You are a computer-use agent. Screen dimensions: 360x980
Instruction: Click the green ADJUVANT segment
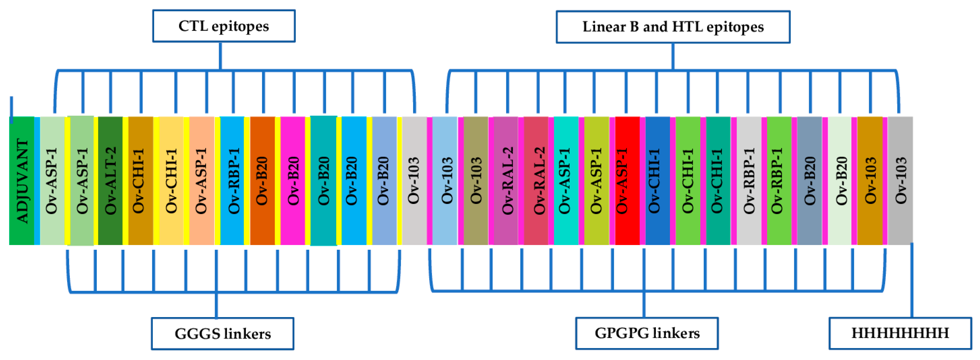click(x=22, y=181)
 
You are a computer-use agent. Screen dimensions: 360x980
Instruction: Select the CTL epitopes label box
click(x=224, y=26)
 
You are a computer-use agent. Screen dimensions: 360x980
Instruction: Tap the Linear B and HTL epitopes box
click(x=672, y=27)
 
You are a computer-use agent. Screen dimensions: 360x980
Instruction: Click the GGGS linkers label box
click(x=222, y=333)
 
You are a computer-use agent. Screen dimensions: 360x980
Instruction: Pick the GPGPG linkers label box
click(x=647, y=333)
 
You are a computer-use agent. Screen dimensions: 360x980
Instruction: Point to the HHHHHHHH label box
click(x=900, y=333)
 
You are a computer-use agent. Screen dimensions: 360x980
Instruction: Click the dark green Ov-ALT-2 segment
click(x=110, y=181)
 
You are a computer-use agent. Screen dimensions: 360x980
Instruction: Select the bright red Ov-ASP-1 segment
click(x=627, y=181)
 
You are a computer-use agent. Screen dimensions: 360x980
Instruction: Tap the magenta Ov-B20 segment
click(x=293, y=181)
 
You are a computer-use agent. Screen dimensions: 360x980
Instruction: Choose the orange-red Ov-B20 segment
click(x=262, y=181)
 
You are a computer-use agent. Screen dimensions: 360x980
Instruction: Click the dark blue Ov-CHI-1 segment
click(x=657, y=181)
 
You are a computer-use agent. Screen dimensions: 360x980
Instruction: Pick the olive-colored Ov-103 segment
click(x=476, y=181)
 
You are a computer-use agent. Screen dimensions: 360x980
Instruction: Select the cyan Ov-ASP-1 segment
click(x=566, y=181)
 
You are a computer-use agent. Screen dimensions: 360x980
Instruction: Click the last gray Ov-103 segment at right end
click(x=900, y=181)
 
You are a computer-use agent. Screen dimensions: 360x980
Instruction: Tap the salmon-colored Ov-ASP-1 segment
click(x=201, y=181)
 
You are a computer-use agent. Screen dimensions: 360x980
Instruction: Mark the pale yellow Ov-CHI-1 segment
click(x=171, y=181)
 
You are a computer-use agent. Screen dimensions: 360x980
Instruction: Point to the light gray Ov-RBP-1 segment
click(x=749, y=181)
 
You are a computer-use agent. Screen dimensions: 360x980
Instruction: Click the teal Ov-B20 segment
click(x=323, y=181)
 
